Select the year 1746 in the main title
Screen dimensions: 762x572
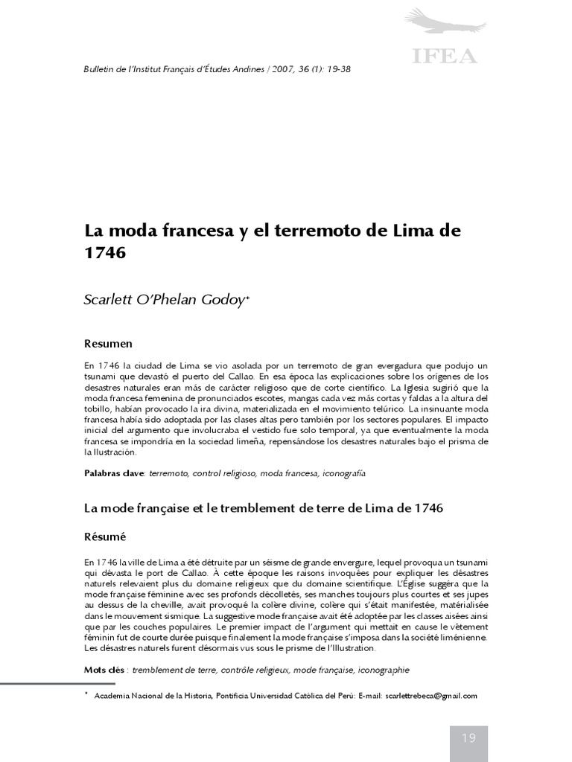point(105,252)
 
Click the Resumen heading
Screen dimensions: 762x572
point(108,344)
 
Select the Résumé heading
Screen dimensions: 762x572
point(105,536)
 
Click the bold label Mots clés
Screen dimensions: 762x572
point(104,670)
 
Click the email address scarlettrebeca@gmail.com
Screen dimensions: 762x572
point(431,696)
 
